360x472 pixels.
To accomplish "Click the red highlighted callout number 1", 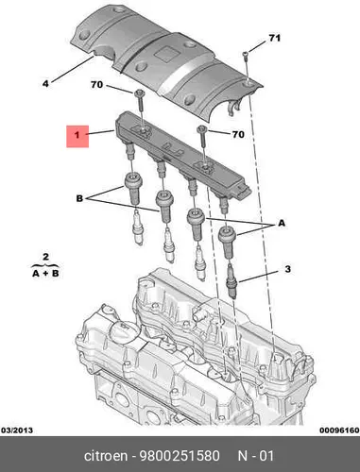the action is pos(77,136).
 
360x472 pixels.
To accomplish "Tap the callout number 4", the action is pos(45,84).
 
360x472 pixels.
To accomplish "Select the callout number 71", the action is pos(274,38).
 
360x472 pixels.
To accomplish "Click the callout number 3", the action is pos(287,269).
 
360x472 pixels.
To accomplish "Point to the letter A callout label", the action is pos(282,223).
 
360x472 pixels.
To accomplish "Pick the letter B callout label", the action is pos(79,198).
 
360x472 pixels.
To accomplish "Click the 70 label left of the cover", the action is pos(96,85).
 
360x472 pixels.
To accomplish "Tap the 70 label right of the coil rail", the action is pos(238,134).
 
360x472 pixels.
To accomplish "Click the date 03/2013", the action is pos(17,430).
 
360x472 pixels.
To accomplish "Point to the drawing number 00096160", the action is pos(339,430).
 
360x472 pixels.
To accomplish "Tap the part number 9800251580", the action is pos(180,456).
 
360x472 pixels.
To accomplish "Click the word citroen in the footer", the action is pos(106,456).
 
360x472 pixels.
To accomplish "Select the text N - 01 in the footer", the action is pos(256,456).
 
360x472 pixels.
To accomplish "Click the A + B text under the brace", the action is pos(45,273).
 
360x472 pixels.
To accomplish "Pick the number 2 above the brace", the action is pos(45,257).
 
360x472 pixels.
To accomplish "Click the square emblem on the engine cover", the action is pos(165,55).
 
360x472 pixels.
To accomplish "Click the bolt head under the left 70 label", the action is pos(139,93).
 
